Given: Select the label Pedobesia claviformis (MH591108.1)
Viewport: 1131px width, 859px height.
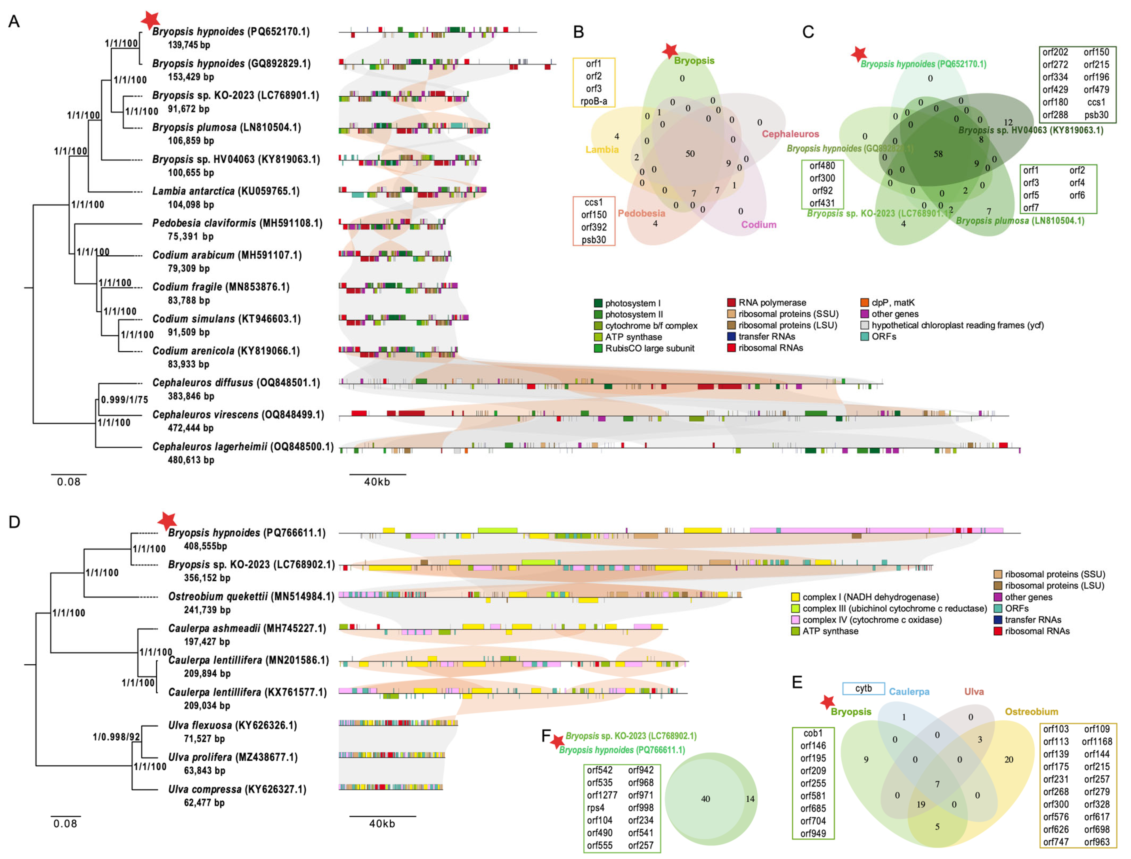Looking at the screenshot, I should click(x=237, y=223).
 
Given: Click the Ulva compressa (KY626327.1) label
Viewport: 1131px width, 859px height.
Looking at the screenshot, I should click(x=237, y=789).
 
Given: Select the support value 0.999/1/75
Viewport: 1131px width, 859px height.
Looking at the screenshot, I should click(x=124, y=399).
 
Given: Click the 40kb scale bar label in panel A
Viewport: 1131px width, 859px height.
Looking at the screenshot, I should click(x=377, y=482).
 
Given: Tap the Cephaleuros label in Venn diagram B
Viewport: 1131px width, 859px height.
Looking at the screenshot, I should click(x=790, y=134).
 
